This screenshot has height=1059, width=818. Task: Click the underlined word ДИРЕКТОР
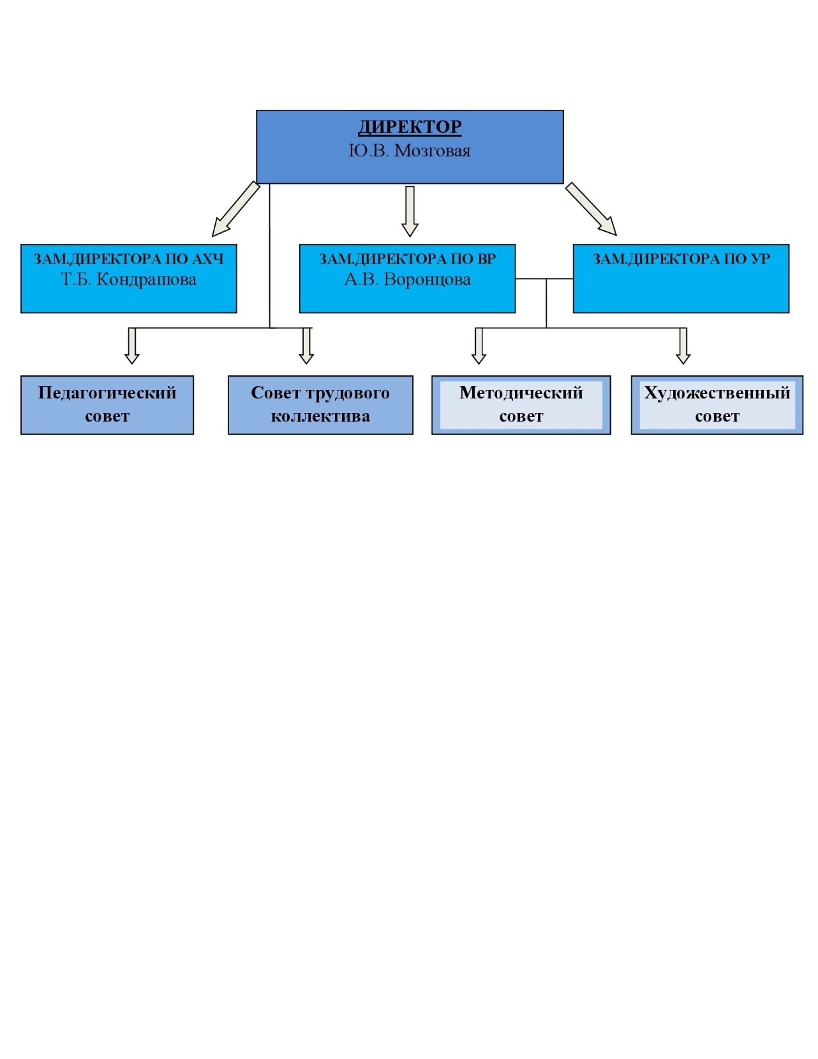coord(410,126)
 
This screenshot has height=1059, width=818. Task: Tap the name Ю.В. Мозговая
coord(410,151)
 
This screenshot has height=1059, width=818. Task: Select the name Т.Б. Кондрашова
coord(128,279)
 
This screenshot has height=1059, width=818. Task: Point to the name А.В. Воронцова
coord(407,279)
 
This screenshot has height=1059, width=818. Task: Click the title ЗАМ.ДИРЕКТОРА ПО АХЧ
coord(128,259)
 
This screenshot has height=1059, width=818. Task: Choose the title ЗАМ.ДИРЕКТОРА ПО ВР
coord(407,259)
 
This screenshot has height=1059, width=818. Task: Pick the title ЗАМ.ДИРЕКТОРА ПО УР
coord(681,259)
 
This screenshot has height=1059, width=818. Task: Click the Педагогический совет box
coord(107,404)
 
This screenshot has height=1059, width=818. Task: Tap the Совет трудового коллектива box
coord(320,404)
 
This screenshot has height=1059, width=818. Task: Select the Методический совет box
coord(521,404)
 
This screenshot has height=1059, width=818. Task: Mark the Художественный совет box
coord(717,404)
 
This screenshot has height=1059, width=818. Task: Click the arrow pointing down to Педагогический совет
coord(132,346)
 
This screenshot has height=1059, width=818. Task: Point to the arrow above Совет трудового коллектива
coord(306,346)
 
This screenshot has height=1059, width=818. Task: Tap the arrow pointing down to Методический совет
coord(479,346)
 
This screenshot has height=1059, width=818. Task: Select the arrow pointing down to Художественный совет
coord(684,346)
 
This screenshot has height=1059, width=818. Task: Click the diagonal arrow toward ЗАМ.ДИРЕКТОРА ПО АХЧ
coord(236,209)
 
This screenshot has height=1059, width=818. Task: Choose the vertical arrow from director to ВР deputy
coord(410,211)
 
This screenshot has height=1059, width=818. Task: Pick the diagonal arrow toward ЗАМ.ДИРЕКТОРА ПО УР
coord(591,209)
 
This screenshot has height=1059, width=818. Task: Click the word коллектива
coord(320,416)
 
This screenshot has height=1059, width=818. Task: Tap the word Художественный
coord(717,392)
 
